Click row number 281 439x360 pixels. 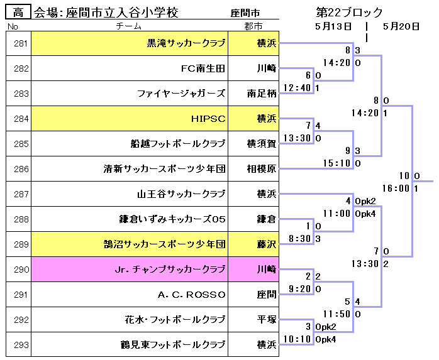pos(21,43)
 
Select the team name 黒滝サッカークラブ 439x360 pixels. pos(186,43)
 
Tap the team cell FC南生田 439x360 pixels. pos(203,68)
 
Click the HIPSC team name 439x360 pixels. pos(208,119)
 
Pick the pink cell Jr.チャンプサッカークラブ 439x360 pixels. pos(169,270)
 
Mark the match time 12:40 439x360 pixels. pos(297,88)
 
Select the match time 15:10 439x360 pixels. pos(337,163)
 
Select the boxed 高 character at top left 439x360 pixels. pos(18,13)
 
